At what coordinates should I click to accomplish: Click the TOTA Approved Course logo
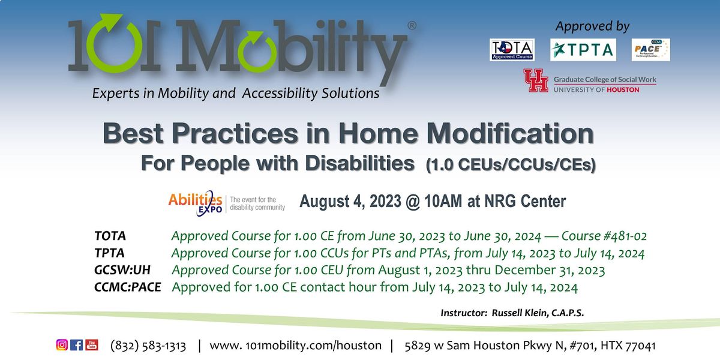[512, 50]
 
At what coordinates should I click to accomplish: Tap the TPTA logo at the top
[583, 50]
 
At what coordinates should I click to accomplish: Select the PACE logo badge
[650, 50]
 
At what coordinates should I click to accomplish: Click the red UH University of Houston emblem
[535, 80]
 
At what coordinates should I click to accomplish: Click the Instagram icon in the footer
[62, 345]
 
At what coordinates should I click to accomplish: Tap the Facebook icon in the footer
[77, 345]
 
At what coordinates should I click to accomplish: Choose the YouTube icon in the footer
[92, 345]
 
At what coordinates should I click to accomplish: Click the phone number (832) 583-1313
[148, 346]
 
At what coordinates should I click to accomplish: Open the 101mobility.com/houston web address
[295, 346]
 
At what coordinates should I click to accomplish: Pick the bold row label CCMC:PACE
[128, 288]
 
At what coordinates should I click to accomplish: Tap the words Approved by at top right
[592, 26]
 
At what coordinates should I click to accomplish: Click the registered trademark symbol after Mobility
[412, 26]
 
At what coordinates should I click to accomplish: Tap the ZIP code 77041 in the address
[640, 346]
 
